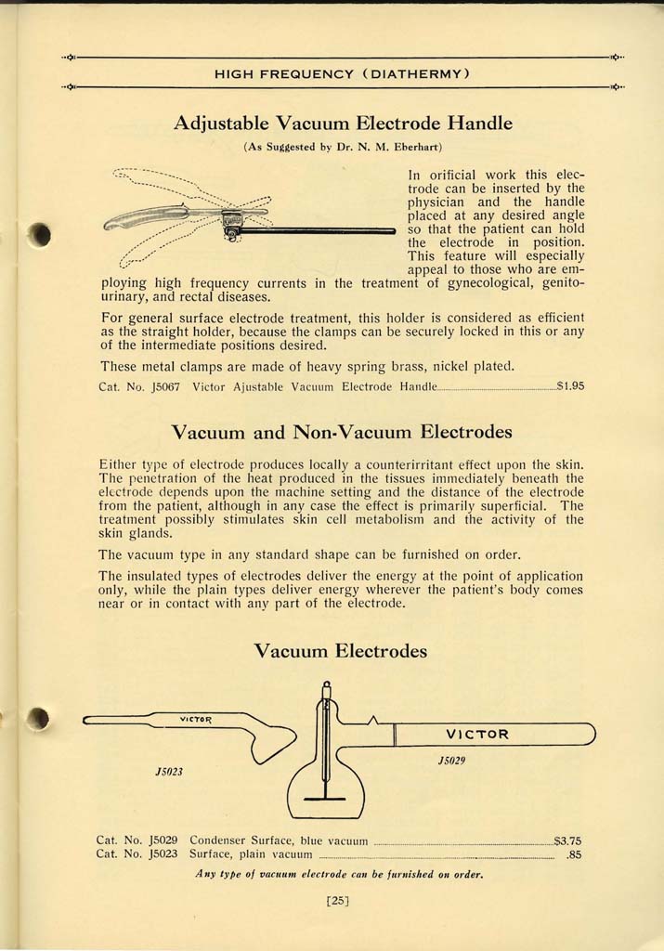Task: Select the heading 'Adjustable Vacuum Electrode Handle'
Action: point(343,123)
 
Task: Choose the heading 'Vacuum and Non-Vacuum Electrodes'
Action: point(342,432)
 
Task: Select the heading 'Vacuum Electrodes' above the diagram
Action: point(341,651)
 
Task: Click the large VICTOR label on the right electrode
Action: point(477,734)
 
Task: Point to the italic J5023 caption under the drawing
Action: point(168,772)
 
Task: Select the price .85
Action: point(573,855)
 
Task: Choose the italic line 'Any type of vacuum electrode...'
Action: point(340,874)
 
